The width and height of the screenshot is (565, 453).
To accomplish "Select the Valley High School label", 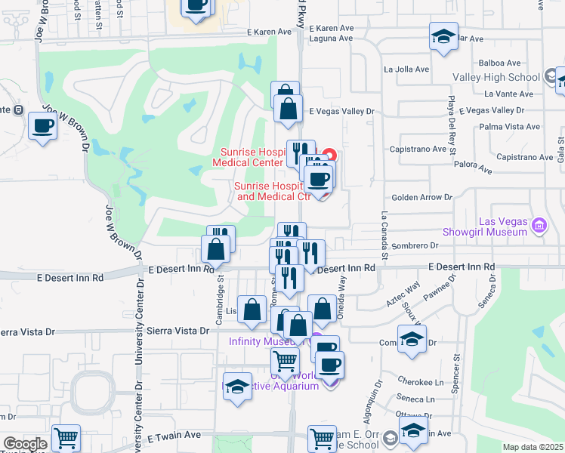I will (x=496, y=77).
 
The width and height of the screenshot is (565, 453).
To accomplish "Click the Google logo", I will (x=24, y=444).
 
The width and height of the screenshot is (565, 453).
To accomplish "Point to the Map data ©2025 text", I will (x=533, y=447).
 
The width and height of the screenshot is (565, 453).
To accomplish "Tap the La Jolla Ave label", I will (x=406, y=69).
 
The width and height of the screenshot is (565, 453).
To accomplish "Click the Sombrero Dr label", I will (x=415, y=245).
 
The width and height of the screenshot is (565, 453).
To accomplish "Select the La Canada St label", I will (x=384, y=236).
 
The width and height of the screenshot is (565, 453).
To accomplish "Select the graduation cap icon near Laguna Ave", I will (x=443, y=36).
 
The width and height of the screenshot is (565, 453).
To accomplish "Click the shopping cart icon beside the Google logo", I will (x=66, y=438).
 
